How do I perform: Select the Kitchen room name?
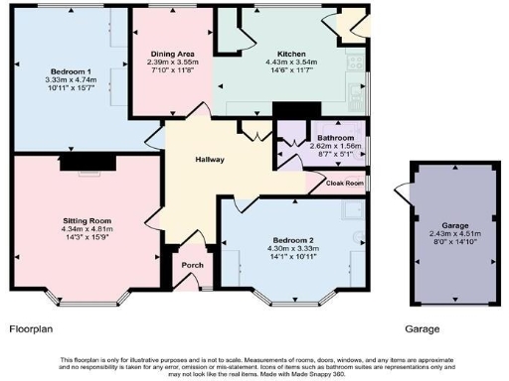point(263,54)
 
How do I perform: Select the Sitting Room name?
point(86,220)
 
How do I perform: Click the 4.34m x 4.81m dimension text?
point(86,228)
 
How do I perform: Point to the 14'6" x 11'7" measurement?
point(263,70)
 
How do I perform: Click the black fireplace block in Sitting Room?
point(76,165)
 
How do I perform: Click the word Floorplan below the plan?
point(31,327)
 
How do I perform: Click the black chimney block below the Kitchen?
point(290,111)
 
